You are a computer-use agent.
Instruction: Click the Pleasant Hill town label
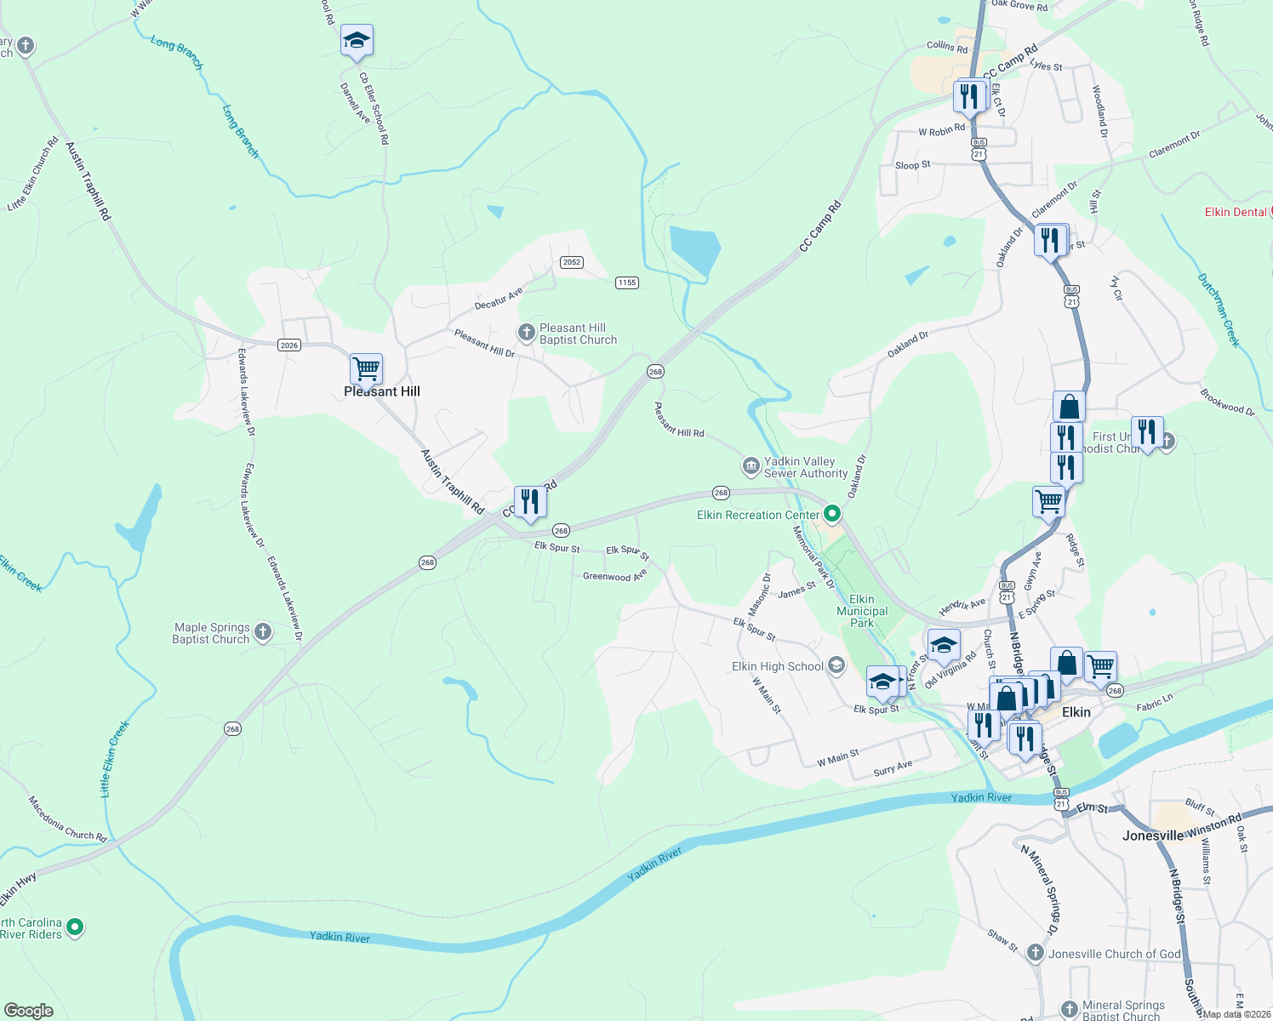point(382,391)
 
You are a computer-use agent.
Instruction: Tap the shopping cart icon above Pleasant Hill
point(366,369)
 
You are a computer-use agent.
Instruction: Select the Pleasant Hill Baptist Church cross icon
point(527,331)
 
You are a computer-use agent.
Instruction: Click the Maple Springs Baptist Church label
point(211,633)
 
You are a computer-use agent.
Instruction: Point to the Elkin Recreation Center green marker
point(832,514)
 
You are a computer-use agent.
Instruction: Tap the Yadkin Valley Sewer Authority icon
point(751,465)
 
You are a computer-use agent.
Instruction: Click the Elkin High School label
point(778,666)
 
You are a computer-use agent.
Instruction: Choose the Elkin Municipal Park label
point(862,611)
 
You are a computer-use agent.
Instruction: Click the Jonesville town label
point(1152,836)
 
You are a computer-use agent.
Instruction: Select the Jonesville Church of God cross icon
point(1036,953)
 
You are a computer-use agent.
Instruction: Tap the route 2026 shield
point(289,345)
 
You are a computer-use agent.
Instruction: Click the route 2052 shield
point(572,262)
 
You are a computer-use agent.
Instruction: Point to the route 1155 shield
point(627,282)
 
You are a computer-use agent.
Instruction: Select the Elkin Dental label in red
point(1236,212)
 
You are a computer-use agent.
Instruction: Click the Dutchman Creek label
point(1219,310)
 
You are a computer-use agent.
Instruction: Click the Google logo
point(28,1011)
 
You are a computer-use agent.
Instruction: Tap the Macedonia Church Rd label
point(67,819)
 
